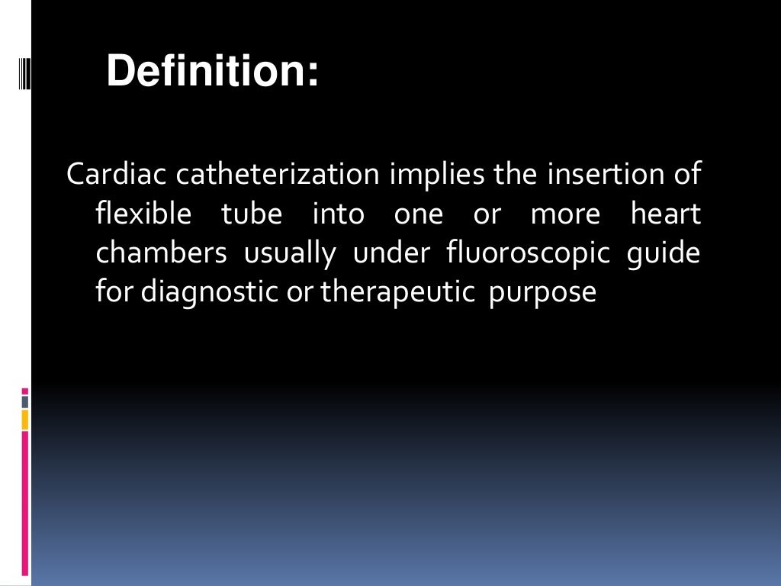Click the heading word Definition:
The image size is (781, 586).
coord(212,72)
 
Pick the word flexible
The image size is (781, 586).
coord(143,214)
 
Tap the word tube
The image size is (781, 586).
coord(252,214)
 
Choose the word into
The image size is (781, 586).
coord(339,214)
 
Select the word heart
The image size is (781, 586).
coord(666,214)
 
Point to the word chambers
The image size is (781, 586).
coord(161,253)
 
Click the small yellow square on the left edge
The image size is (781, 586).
coord(25,419)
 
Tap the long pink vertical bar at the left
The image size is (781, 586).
coord(25,504)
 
